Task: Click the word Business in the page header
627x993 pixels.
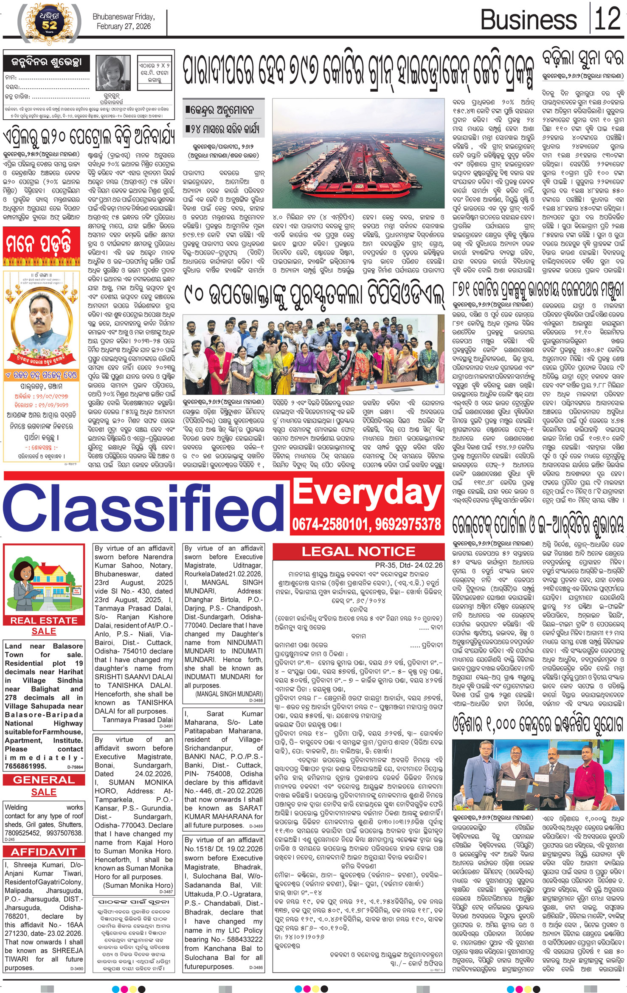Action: (x=528, y=20)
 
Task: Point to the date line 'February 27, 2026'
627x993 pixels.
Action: (x=124, y=26)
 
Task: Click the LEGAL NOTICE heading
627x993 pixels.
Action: (x=358, y=551)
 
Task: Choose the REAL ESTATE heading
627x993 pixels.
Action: (x=44, y=621)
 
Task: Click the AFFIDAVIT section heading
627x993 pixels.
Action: (x=44, y=852)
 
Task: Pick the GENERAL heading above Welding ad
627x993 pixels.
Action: (x=44, y=780)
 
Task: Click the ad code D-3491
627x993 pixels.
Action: (x=166, y=726)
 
